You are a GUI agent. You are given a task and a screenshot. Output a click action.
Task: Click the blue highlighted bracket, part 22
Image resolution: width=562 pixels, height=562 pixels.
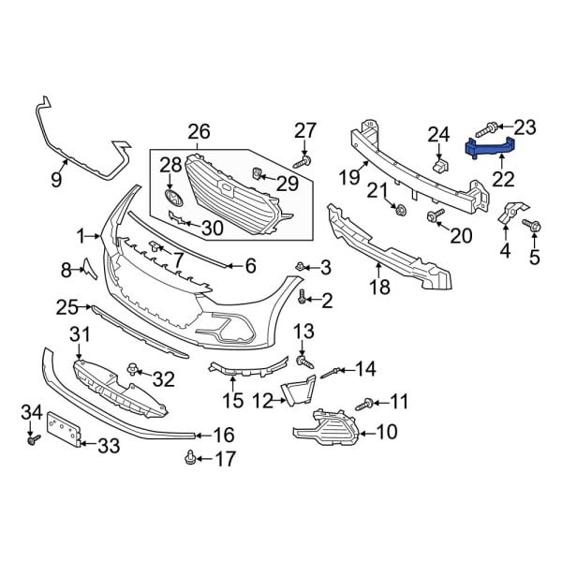click(491, 146)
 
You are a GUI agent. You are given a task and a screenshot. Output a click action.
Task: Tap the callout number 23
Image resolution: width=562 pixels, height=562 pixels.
click(525, 126)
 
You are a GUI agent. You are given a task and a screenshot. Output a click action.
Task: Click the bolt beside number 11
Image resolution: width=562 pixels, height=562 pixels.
click(364, 404)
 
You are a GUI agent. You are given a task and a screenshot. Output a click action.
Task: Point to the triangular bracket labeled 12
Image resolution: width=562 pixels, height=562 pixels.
click(301, 391)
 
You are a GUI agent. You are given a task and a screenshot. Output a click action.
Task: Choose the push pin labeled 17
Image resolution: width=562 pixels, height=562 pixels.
click(191, 457)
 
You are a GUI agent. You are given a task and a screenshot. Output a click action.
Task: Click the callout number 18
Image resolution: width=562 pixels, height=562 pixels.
click(379, 288)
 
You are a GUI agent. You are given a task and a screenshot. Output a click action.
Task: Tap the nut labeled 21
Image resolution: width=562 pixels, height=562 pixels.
click(401, 208)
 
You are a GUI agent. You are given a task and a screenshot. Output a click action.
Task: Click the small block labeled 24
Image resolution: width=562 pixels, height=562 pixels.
click(438, 165)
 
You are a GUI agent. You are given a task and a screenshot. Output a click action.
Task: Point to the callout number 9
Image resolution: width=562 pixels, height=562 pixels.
click(56, 177)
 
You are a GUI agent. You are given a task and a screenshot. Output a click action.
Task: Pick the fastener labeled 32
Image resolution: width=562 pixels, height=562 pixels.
click(138, 371)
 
